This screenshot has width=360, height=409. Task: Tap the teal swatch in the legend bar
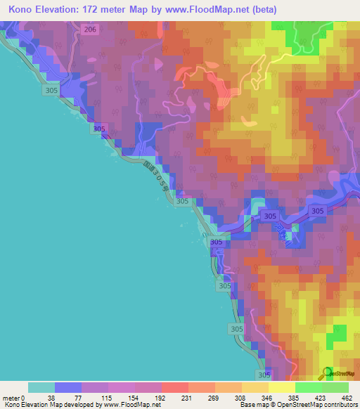point(41,387)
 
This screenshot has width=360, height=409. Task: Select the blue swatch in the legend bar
point(68,387)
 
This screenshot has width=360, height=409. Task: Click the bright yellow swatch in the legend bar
point(282,387)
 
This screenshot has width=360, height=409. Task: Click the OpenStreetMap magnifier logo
point(326,372)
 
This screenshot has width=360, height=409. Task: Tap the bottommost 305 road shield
point(264,375)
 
